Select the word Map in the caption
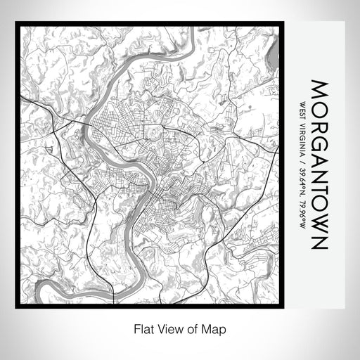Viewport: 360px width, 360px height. pos(217,328)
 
